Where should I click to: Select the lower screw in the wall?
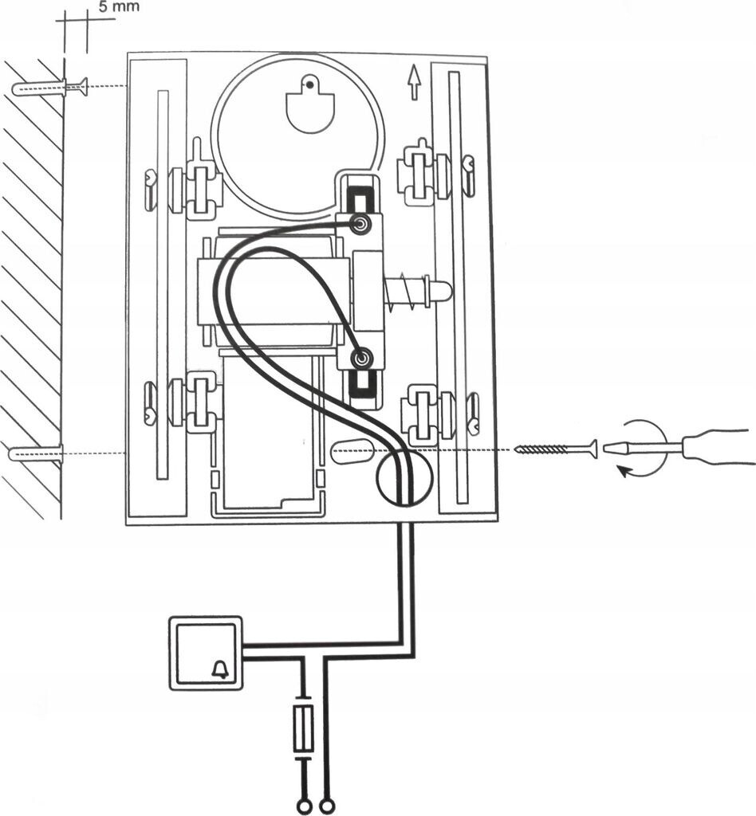click(36, 454)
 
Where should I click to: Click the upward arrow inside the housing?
click(413, 82)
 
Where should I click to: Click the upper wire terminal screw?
click(361, 226)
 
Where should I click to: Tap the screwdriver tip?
click(614, 449)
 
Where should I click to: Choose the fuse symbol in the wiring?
click(304, 727)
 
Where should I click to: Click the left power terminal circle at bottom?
click(303, 807)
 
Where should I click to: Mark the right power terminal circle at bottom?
click(325, 807)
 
